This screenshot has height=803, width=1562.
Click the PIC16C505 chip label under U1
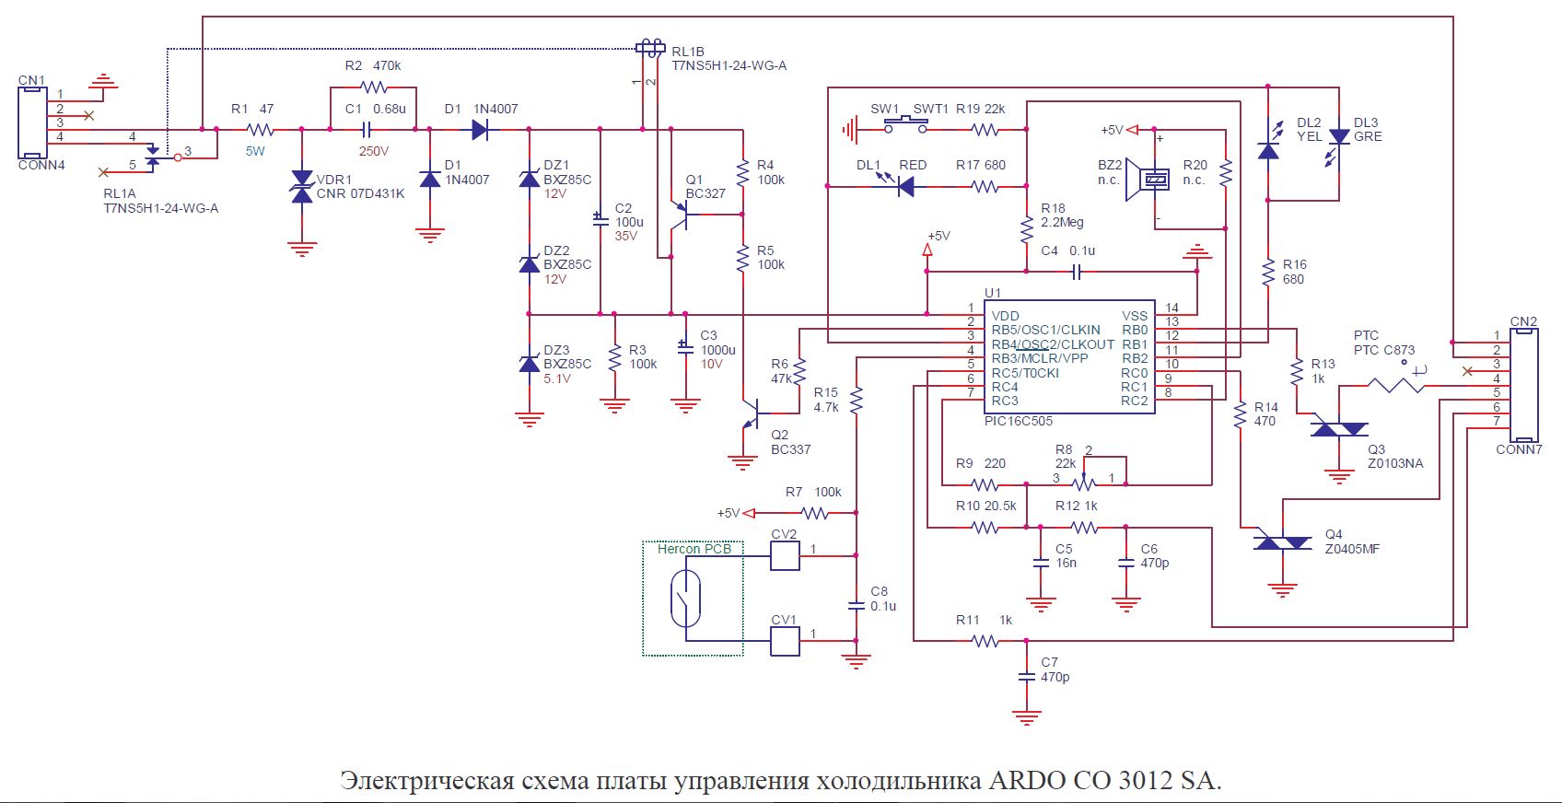tap(1018, 421)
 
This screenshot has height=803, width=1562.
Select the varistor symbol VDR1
tap(302, 186)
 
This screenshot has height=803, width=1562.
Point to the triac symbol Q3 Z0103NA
tap(1338, 428)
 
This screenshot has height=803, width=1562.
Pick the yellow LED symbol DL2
tap(1268, 150)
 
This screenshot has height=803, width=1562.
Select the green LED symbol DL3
tap(1339, 136)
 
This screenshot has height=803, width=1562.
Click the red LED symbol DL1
tap(905, 187)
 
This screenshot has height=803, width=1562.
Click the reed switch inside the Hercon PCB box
tap(686, 598)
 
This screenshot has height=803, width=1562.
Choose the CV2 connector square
tap(785, 555)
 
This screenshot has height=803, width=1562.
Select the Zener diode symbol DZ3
tap(530, 364)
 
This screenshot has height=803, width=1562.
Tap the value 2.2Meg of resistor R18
tap(1062, 222)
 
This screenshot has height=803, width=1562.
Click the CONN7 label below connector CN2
tap(1519, 449)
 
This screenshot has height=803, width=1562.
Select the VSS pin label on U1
tap(1135, 316)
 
